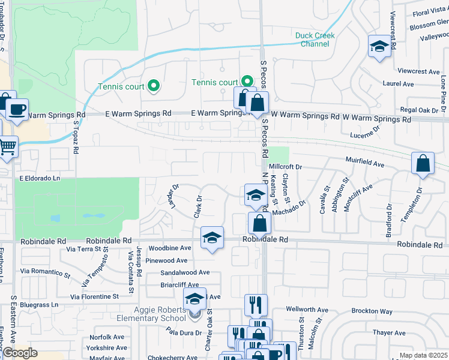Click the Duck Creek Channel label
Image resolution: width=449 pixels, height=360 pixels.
pos(315,40)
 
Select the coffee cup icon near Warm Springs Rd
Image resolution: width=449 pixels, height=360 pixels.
pos(17,110)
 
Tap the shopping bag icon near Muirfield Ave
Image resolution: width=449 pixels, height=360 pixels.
pos(423,164)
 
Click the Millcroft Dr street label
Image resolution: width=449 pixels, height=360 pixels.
pos(285,166)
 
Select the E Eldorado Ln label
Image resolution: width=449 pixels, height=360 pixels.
pos(40,178)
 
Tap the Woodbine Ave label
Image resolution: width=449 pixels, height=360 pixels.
pos(170,248)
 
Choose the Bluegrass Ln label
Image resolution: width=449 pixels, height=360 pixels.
pos(38,305)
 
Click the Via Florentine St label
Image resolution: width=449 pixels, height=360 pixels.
pos(95,296)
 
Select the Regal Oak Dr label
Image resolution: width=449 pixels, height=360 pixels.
pos(420,110)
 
